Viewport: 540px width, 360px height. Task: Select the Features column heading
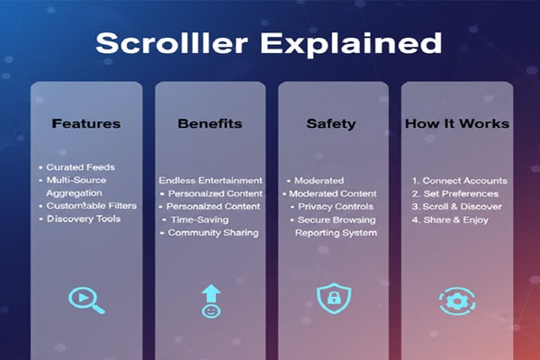coord(86,123)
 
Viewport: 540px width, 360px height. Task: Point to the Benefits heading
coord(211,123)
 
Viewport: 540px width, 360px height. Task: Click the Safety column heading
coord(332,123)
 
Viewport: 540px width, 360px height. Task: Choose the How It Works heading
coord(457,123)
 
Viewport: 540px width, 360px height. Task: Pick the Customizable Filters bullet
coord(90,206)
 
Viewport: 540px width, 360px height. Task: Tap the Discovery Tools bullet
coord(86,219)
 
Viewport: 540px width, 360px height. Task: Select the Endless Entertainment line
coord(211,180)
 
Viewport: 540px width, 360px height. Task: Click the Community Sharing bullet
coord(212,233)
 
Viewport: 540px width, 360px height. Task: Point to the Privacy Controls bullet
coord(336,206)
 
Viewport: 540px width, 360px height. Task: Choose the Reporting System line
coord(336,233)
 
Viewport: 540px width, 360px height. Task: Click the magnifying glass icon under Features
coord(86,299)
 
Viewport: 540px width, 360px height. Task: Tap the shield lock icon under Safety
coord(332,298)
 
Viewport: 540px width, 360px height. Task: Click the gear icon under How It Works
coord(457,300)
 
